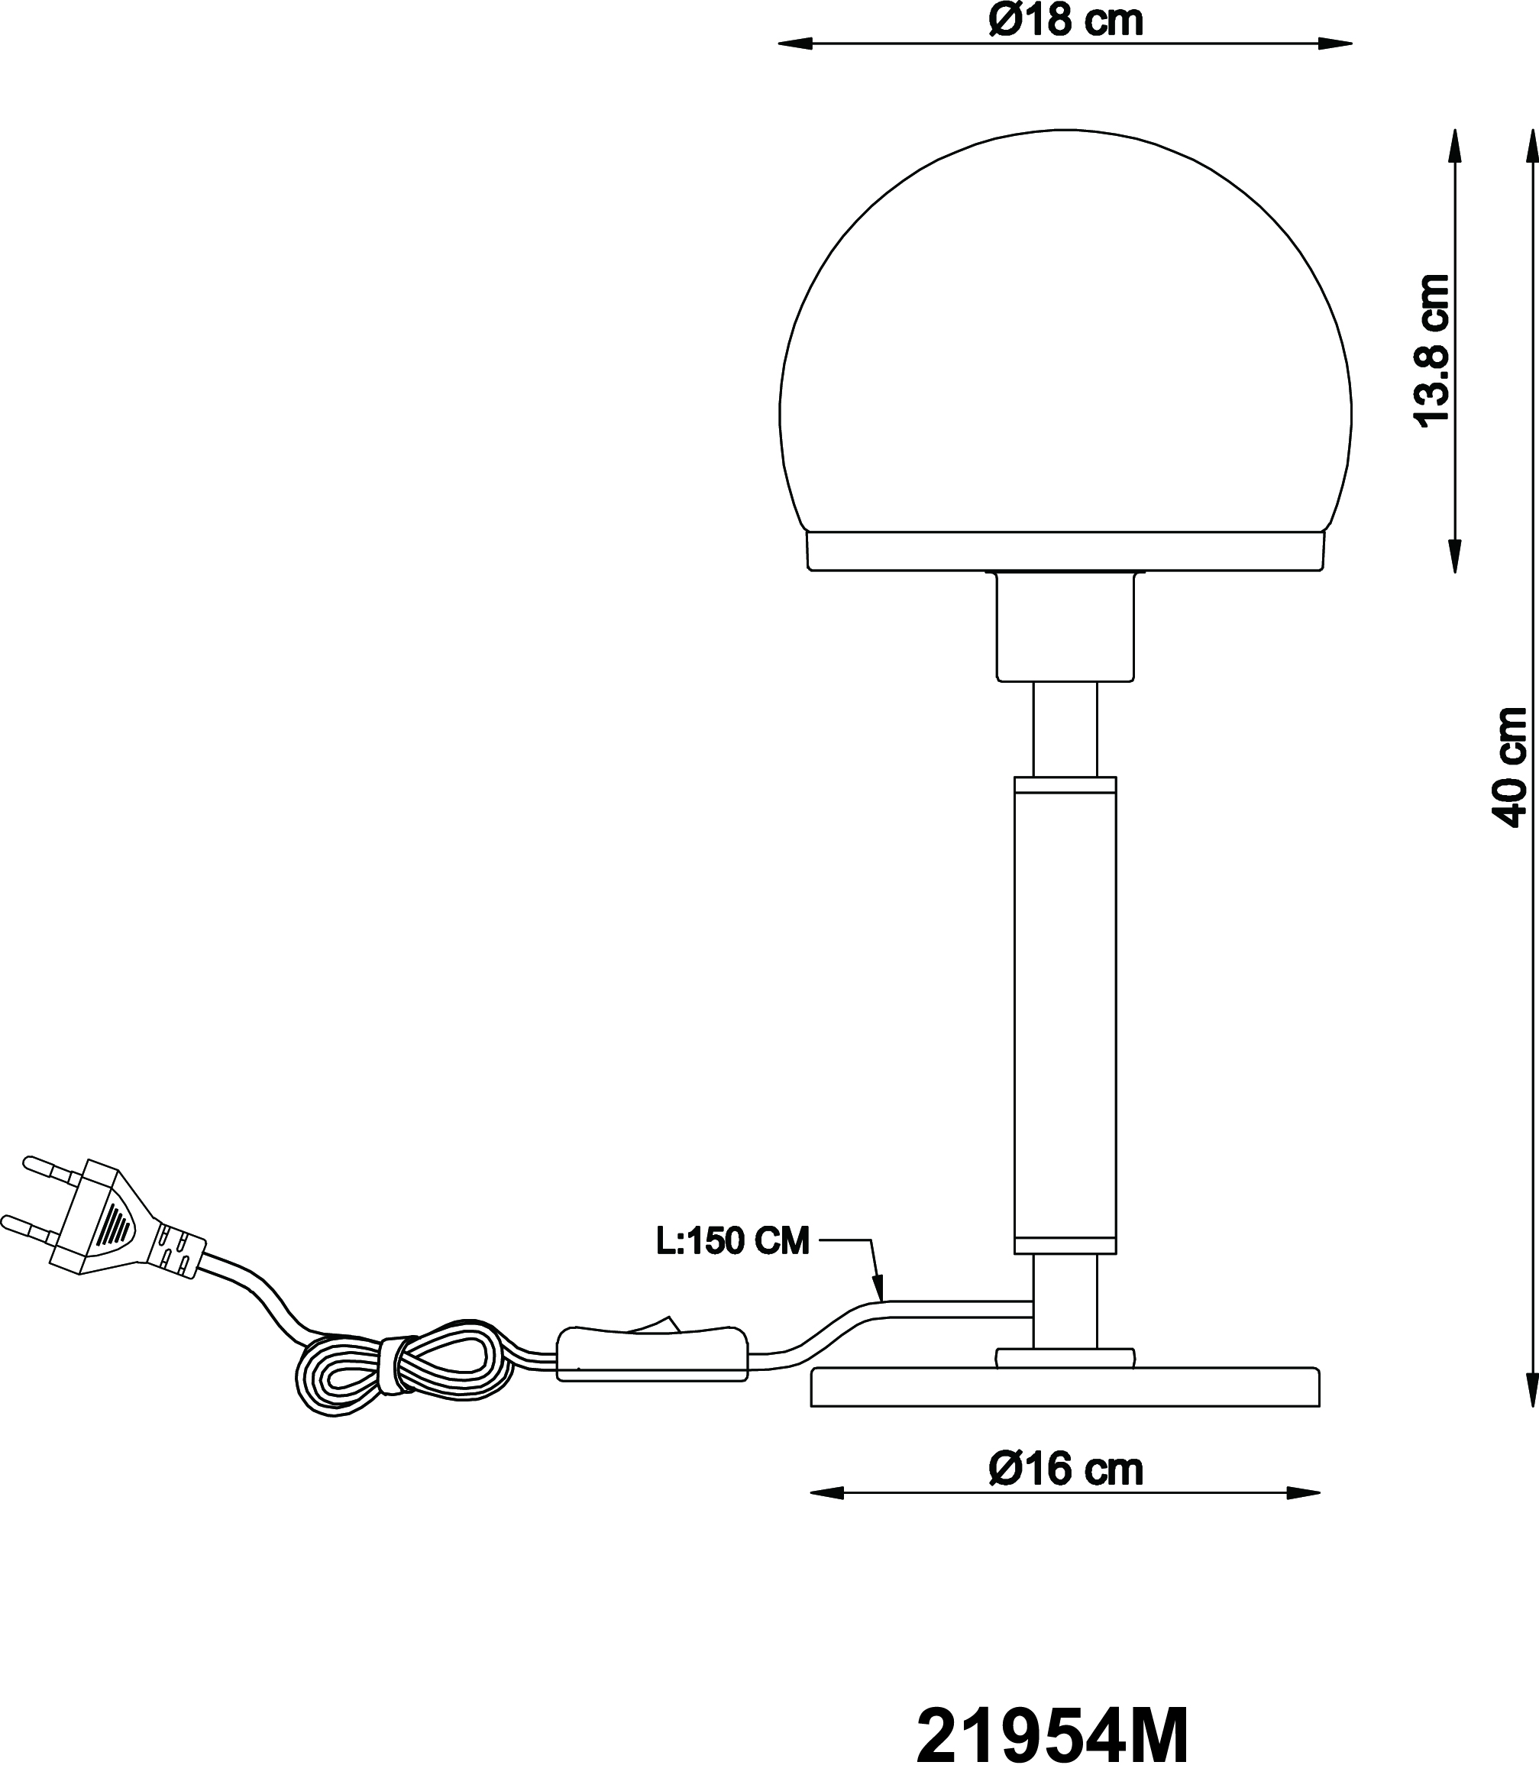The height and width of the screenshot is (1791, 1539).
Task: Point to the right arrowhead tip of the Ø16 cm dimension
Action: click(1321, 1493)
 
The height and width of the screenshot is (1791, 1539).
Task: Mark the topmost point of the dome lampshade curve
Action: click(1065, 130)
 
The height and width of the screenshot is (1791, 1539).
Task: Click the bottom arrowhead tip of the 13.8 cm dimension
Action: click(1455, 572)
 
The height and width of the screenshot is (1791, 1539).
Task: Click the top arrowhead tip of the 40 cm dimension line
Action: click(1534, 130)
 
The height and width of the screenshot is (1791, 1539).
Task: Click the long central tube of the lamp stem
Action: click(1065, 1015)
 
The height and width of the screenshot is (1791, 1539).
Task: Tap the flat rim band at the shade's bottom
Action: click(1065, 551)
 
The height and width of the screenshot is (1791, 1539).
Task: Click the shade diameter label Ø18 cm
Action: click(1065, 21)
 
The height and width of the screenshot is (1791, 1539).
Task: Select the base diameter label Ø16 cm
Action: click(1065, 1469)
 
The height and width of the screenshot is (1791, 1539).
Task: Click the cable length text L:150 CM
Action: click(733, 1241)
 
